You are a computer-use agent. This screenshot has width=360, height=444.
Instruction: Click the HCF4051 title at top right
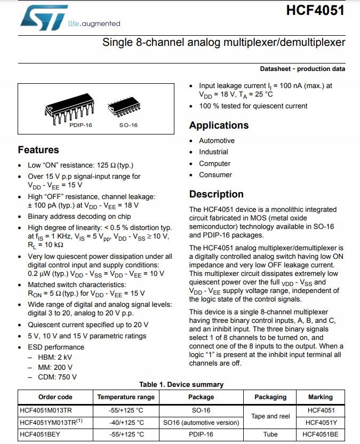click(x=315, y=11)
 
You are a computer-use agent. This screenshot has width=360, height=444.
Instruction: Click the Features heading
click(x=38, y=150)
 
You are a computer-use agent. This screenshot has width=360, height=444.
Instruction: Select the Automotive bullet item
click(x=217, y=141)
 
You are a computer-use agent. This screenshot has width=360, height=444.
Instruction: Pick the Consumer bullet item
click(x=215, y=175)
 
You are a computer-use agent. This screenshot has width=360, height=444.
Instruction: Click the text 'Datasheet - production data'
click(x=302, y=69)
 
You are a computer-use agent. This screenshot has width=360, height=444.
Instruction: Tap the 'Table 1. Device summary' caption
click(x=181, y=384)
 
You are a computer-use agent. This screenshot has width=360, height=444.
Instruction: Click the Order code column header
click(x=55, y=397)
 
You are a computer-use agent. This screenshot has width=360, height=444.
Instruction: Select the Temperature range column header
click(x=126, y=397)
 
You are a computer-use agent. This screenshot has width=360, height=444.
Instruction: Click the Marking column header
click(x=320, y=397)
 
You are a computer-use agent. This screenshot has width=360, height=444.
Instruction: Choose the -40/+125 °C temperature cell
click(x=126, y=422)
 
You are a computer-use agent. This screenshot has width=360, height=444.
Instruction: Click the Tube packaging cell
click(x=270, y=434)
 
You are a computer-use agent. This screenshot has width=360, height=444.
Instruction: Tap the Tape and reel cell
click(x=271, y=416)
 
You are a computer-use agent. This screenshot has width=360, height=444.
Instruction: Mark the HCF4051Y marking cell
click(x=320, y=422)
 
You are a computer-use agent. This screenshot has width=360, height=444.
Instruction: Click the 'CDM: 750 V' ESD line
click(x=57, y=377)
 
